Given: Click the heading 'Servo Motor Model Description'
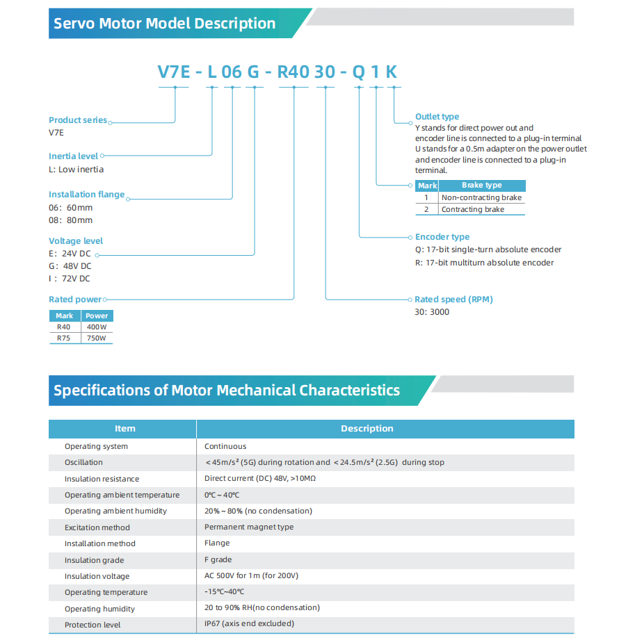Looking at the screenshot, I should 165,24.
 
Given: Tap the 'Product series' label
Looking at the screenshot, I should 78,120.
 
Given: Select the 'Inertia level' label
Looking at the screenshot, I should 73,156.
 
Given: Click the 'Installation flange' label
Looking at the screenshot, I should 86,195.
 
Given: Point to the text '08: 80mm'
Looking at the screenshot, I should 70,220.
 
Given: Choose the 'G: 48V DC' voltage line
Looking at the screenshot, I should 70,266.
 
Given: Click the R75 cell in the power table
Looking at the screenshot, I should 64,338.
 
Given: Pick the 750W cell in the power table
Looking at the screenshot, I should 97,338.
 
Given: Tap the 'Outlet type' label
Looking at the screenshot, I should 437,117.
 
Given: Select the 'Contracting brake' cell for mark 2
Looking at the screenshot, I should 473,209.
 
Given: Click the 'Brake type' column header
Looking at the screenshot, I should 481,186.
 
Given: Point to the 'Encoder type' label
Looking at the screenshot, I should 442,237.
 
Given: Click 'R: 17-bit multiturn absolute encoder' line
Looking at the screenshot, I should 484,263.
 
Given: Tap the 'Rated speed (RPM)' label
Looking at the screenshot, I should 453,300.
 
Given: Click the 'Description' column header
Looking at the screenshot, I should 367,429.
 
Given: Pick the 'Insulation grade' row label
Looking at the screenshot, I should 94,560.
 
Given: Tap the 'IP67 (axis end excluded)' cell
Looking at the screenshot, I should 249,624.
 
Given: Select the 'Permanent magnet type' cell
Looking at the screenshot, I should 249,527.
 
